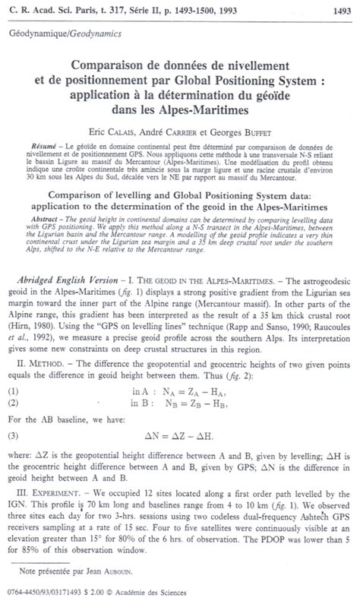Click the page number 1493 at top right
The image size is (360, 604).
click(339, 8)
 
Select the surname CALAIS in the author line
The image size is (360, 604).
click(136, 123)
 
